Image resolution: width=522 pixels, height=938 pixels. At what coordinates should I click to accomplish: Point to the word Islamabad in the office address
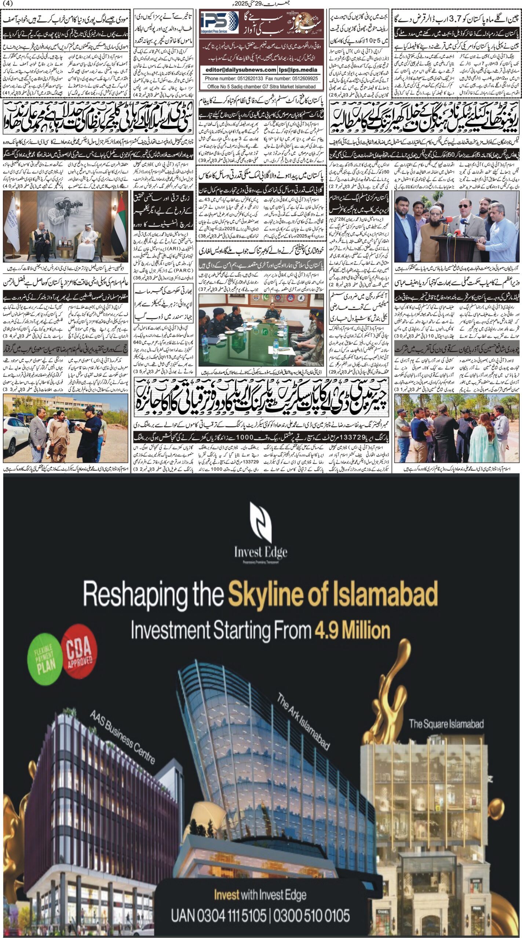(303, 87)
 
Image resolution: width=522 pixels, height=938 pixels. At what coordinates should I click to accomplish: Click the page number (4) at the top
(7, 3)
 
